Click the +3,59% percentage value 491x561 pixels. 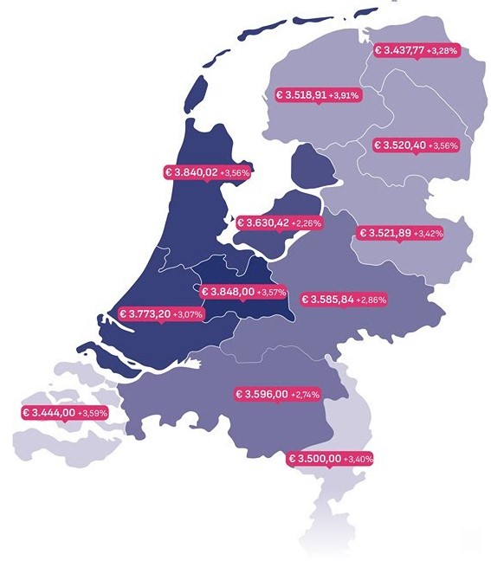click(x=92, y=414)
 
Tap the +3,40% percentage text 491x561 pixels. click(x=358, y=459)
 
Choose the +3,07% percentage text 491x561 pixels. click(x=188, y=314)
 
